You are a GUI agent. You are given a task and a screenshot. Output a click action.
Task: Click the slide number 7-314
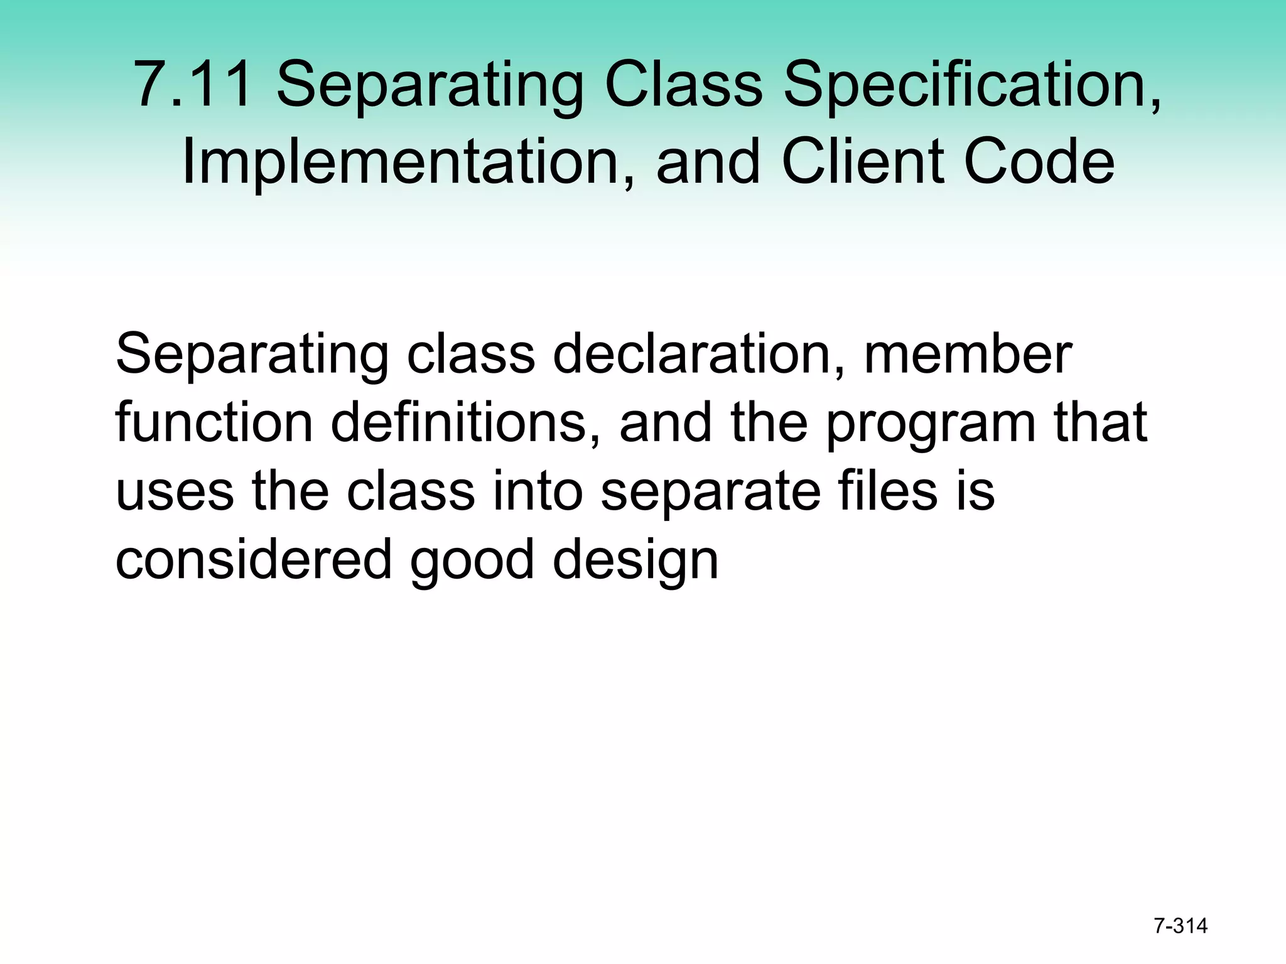[1181, 926]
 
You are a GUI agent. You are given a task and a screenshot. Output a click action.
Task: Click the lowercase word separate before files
[710, 493]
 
